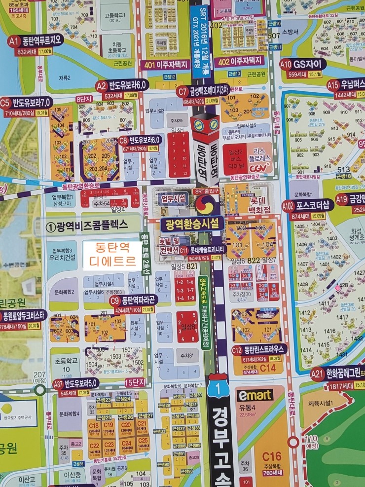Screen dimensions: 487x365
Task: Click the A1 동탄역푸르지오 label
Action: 36,40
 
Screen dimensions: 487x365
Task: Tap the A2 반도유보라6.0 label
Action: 123,85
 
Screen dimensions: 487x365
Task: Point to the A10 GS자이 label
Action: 303,64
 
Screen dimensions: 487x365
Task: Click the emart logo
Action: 255,395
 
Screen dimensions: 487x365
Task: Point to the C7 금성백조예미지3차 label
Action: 206,91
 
